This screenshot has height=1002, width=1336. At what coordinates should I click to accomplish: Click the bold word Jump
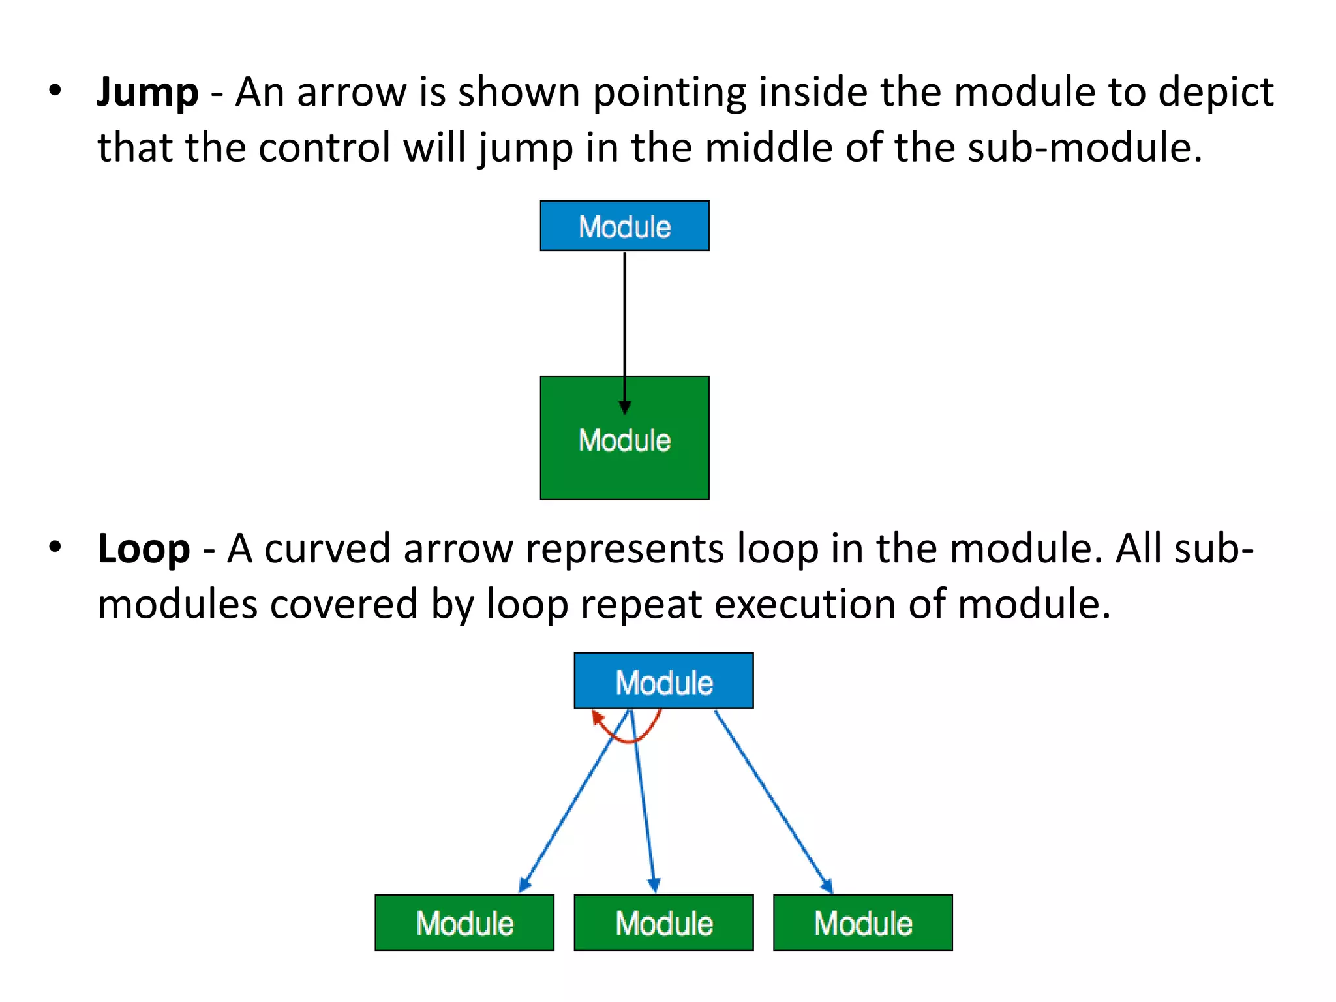147,92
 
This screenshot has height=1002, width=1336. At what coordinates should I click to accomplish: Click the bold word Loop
144,549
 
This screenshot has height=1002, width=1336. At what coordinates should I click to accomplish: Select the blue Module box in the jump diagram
624,226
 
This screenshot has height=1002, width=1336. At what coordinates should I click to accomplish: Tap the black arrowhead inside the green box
624,407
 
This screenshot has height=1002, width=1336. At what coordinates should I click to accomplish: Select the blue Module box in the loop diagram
663,681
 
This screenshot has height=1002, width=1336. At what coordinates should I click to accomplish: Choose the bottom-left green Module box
464,922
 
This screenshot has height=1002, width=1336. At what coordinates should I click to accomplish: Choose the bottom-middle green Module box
663,922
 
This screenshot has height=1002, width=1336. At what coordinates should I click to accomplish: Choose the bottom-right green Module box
862,922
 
